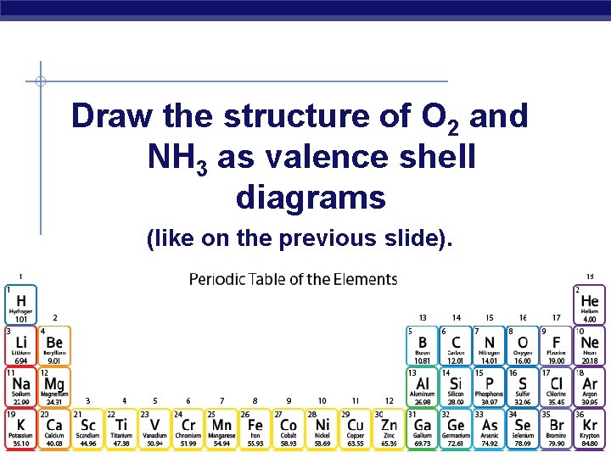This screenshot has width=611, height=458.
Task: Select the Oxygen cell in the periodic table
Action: (x=523, y=346)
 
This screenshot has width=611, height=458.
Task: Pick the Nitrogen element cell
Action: (x=489, y=346)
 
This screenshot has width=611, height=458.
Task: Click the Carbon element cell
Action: (x=456, y=346)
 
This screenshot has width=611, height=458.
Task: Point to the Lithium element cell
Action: (x=20, y=346)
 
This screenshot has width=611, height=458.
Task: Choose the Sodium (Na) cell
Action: (x=20, y=387)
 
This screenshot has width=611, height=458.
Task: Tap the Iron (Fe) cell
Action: (x=255, y=428)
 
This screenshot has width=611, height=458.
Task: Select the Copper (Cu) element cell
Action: (x=356, y=428)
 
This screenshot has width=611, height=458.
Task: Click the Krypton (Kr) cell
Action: (x=589, y=428)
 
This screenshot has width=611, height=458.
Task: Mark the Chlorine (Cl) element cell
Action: (x=556, y=387)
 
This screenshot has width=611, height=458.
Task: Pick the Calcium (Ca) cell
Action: (x=54, y=428)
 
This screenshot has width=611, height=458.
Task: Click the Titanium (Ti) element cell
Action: (x=121, y=428)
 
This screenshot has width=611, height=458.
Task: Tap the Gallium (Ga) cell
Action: (x=423, y=428)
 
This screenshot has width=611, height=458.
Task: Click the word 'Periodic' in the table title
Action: (x=216, y=279)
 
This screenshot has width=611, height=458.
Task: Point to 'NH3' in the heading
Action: (x=177, y=157)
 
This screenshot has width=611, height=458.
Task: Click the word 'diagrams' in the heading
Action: (x=311, y=198)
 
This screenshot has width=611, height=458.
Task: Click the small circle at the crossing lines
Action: (x=40, y=82)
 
